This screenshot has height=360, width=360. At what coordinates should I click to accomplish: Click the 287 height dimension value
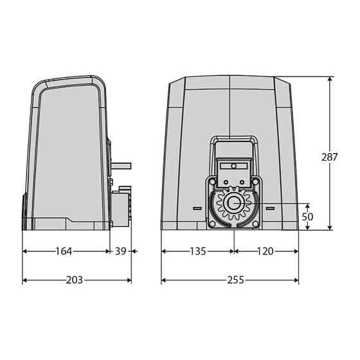329,157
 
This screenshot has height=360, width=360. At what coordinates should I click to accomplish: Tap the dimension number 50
307,217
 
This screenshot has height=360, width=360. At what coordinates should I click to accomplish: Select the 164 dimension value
64,251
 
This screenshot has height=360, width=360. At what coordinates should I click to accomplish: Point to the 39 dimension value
121,251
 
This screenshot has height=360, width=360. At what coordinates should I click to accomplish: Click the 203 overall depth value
75,280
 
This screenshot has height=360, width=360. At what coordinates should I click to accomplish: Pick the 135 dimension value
198,251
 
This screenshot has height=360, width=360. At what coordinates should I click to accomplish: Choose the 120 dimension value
265,251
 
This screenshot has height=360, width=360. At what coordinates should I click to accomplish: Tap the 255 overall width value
236,280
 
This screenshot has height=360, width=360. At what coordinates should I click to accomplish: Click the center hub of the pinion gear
233,203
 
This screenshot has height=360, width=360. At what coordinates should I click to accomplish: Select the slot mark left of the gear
197,208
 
